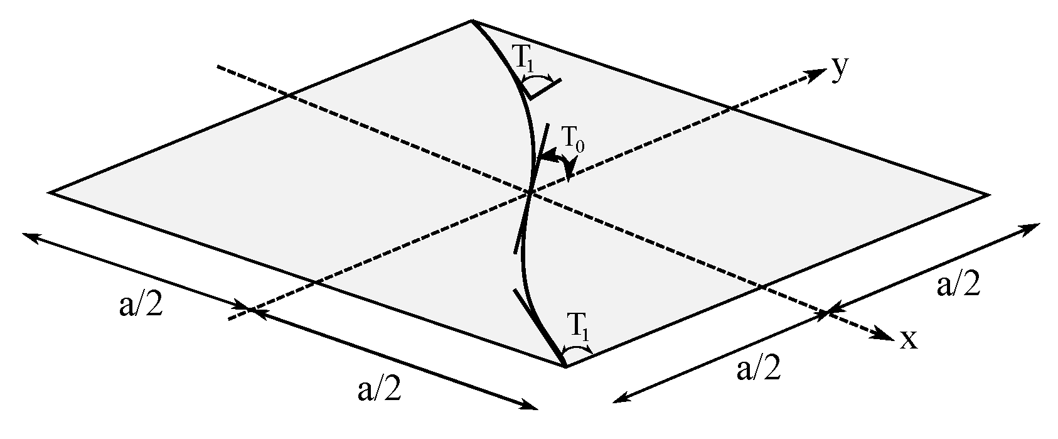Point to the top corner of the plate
coord(472,21)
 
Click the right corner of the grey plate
coord(988,195)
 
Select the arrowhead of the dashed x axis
coord(885,337)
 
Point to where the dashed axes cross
coord(530,192)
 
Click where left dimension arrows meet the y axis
coord(250,309)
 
